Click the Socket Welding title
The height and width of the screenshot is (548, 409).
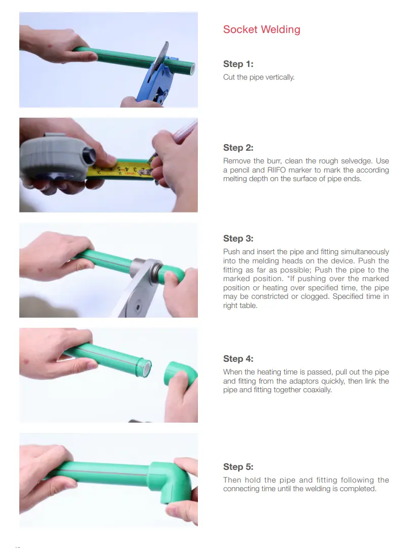pyautogui.click(x=261, y=30)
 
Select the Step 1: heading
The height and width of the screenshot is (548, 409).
pyautogui.click(x=238, y=64)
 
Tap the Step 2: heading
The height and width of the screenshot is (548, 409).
pyautogui.click(x=238, y=148)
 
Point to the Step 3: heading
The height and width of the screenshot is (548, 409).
pyautogui.click(x=238, y=238)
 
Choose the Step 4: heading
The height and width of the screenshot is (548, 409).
pyautogui.click(x=238, y=359)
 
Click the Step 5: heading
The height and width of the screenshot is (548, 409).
pyautogui.click(x=238, y=467)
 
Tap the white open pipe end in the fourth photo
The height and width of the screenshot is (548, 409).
pyautogui.click(x=147, y=368)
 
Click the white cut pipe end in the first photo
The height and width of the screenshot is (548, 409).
pyautogui.click(x=192, y=69)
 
